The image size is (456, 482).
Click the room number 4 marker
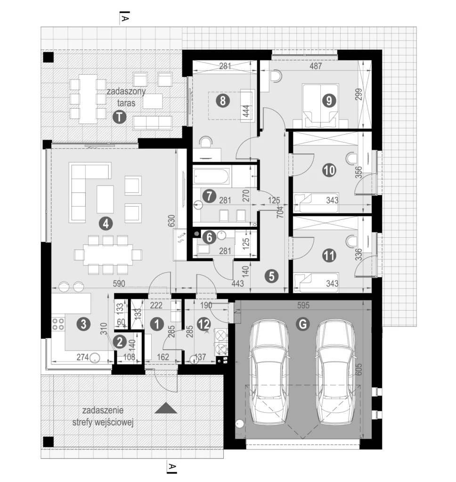[x=106, y=224]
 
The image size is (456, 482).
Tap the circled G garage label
[x=303, y=324]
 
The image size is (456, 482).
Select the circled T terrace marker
[x=119, y=117]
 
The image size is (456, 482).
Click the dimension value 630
[x=171, y=221]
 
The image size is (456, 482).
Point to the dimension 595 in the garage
[x=303, y=305]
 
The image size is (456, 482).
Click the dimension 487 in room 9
[x=316, y=66]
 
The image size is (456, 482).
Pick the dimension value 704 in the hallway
[x=280, y=212]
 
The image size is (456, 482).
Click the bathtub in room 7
[x=212, y=177]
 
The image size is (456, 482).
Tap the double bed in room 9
[x=320, y=105]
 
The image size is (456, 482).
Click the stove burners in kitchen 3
[x=58, y=324]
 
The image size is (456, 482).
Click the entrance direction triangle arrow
[x=165, y=408]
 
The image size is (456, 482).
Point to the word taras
[x=126, y=103]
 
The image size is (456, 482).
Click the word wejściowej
[x=114, y=423]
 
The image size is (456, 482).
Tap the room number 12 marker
[x=204, y=324]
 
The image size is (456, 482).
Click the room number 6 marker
[x=209, y=237]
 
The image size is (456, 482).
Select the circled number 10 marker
[x=329, y=169]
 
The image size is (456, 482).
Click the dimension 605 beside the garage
[x=359, y=369]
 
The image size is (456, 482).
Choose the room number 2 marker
[x=120, y=342]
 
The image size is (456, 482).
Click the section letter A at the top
[x=125, y=18]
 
